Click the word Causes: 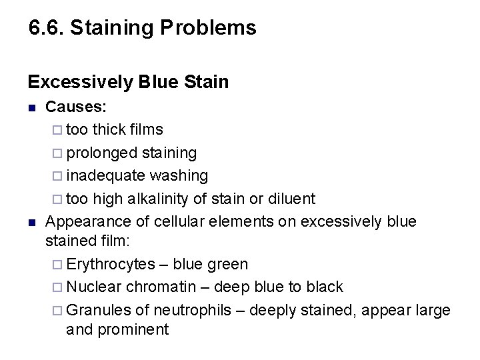77,107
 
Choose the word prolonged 103,153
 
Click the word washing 179,175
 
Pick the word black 325,287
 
